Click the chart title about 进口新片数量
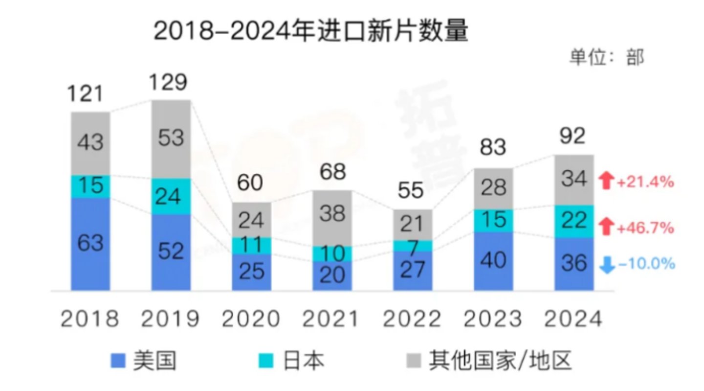click(311, 32)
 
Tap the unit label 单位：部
click(606, 57)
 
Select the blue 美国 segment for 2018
click(90, 244)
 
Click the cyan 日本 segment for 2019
click(171, 196)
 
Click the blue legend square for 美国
click(119, 361)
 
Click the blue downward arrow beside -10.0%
click(607, 265)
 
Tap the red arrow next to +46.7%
click(607, 227)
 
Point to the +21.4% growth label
click(645, 182)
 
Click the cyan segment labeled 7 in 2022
click(413, 246)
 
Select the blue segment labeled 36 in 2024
click(573, 264)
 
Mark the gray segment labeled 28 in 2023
click(493, 188)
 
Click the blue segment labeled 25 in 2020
click(251, 272)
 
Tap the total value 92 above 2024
click(572, 137)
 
